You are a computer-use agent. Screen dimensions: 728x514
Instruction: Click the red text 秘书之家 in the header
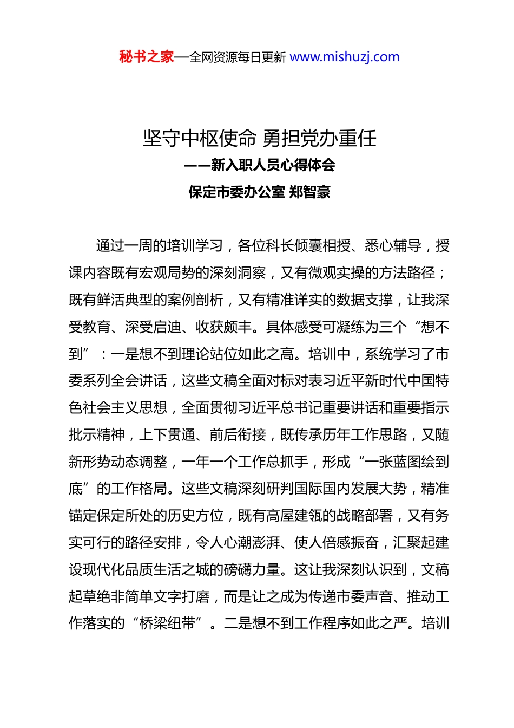(x=146, y=57)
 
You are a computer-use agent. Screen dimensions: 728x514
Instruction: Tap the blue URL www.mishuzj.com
(x=345, y=57)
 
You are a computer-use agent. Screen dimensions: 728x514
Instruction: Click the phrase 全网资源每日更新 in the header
(x=237, y=57)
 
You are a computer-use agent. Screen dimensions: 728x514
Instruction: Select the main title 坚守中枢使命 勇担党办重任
(x=260, y=139)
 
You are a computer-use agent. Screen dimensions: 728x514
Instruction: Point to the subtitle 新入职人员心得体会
(x=273, y=165)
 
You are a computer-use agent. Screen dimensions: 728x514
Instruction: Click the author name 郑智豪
(x=310, y=192)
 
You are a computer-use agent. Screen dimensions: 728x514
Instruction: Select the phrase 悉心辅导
(x=393, y=246)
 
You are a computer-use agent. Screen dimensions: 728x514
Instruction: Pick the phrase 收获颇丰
(x=223, y=327)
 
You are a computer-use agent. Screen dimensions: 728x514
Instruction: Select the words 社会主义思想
(x=125, y=408)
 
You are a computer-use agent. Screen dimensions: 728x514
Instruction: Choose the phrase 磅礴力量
(x=253, y=570)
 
